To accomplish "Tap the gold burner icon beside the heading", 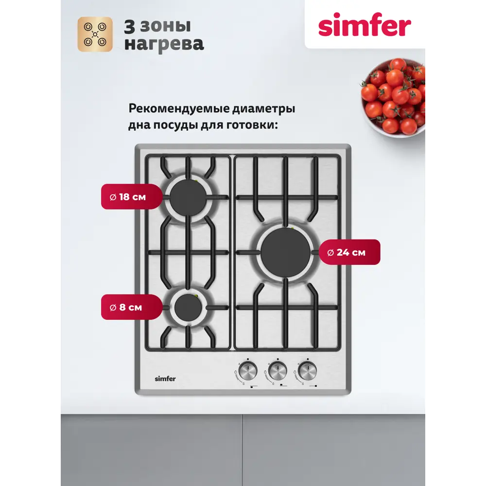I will click(x=95, y=34).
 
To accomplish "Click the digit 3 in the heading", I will click(x=131, y=26).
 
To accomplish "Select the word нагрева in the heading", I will click(x=164, y=45).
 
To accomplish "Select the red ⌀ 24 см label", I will click(x=347, y=252).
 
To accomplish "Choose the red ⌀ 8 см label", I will click(x=126, y=307).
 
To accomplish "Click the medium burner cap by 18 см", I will click(x=188, y=197).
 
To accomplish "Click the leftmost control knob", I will click(x=247, y=373).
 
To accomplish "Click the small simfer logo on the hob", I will click(x=165, y=379).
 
